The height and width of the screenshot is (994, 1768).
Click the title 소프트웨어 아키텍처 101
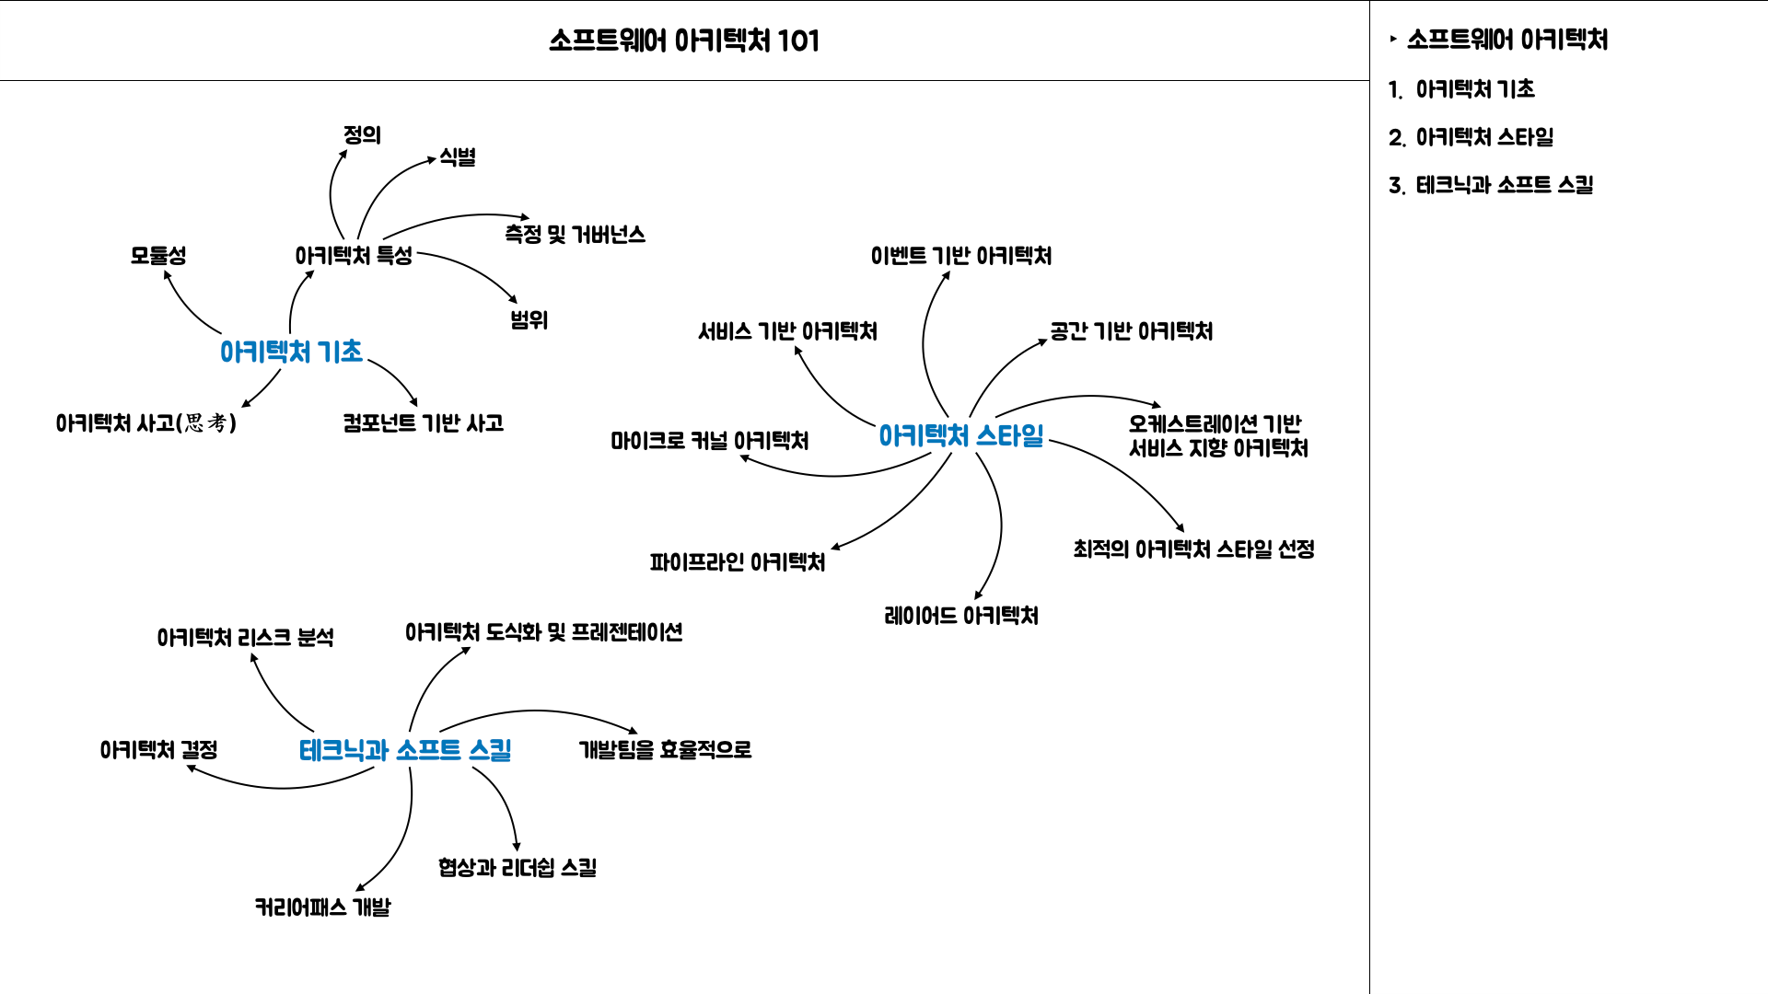click(683, 40)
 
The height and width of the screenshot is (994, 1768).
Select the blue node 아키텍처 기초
click(291, 352)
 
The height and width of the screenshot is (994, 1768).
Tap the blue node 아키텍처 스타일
click(960, 435)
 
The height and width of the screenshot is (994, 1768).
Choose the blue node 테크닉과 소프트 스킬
click(405, 750)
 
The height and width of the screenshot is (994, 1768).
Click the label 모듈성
click(158, 255)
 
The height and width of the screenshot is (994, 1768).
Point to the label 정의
click(362, 135)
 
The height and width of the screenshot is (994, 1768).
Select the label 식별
click(458, 156)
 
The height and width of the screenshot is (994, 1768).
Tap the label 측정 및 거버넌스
click(575, 235)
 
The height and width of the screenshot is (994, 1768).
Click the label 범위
click(529, 320)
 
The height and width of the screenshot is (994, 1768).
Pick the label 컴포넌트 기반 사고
click(423, 423)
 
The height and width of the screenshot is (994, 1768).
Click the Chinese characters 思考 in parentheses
click(206, 422)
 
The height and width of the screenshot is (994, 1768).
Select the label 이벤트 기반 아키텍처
click(960, 256)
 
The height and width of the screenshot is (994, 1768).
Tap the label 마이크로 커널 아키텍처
click(709, 441)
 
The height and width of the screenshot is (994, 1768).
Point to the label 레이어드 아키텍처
click(960, 616)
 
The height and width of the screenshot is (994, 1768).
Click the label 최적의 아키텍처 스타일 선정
click(1193, 549)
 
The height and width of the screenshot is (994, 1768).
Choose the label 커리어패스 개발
click(322, 907)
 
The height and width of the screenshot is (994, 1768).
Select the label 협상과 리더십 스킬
click(517, 868)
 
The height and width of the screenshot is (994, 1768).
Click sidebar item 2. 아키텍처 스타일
click(1471, 137)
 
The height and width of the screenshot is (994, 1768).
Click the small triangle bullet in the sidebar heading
click(1393, 39)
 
